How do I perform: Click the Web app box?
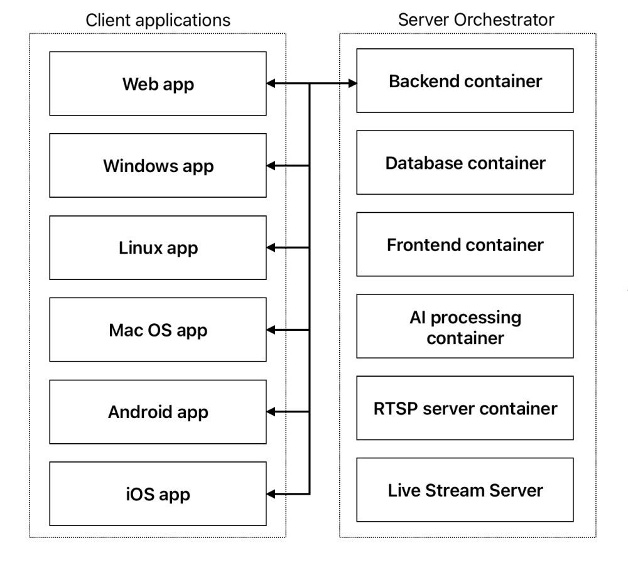(x=158, y=83)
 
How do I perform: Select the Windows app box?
(x=158, y=166)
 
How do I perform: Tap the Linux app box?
(x=158, y=247)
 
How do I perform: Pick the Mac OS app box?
(x=158, y=330)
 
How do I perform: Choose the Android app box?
(x=158, y=412)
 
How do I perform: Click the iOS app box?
(x=158, y=494)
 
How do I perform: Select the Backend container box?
(x=465, y=81)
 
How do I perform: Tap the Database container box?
(x=465, y=163)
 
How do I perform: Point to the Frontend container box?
(x=465, y=244)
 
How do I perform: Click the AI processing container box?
(x=465, y=326)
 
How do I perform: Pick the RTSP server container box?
(x=465, y=408)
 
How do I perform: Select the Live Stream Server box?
(x=465, y=490)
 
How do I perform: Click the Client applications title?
(x=158, y=20)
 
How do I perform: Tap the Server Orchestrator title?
(x=467, y=20)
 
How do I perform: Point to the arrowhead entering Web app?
(x=272, y=83)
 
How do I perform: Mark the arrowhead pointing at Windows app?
(x=272, y=166)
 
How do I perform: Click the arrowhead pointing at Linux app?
(x=272, y=247)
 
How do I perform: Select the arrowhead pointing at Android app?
(x=272, y=412)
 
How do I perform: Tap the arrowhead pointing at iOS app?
(x=272, y=494)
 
